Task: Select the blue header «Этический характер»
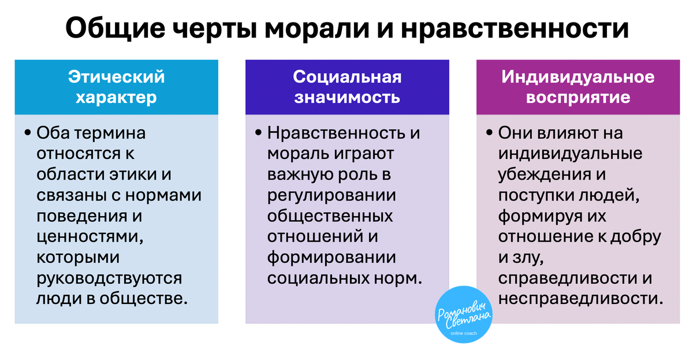[117, 87]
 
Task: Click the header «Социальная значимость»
[347, 87]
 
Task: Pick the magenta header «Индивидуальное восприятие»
[577, 87]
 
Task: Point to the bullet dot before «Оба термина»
[28, 133]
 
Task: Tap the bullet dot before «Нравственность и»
[258, 133]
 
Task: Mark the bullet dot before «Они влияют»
[489, 133]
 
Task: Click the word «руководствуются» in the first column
[109, 278]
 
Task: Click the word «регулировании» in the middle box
[331, 195]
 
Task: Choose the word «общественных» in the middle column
[330, 216]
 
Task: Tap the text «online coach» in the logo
[464, 333]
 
